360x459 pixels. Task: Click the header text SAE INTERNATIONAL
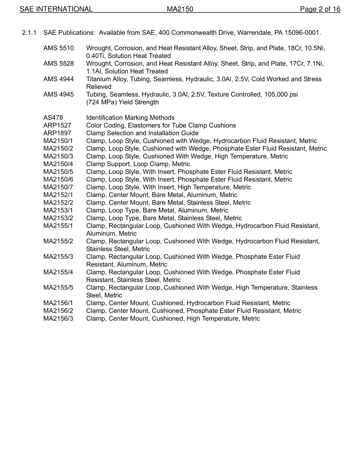pos(56,9)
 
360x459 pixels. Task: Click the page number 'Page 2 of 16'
pos(320,9)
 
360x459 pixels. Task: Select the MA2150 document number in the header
pos(180,9)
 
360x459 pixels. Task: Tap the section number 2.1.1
pos(29,33)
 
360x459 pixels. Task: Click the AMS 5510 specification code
pos(58,48)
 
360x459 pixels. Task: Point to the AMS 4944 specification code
pos(58,79)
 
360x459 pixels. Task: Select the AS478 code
pos(53,118)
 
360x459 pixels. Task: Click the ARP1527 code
pos(57,125)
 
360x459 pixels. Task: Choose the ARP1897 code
pos(57,133)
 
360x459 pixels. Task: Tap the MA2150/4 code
pos(58,164)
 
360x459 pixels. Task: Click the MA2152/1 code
pos(58,195)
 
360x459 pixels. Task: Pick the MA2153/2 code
pos(58,218)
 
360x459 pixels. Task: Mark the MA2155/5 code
pos(58,288)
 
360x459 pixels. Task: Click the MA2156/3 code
pos(58,318)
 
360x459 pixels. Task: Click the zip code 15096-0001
pos(304,33)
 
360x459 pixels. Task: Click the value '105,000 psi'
pos(281,95)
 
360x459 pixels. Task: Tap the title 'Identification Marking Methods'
pos(130,118)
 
